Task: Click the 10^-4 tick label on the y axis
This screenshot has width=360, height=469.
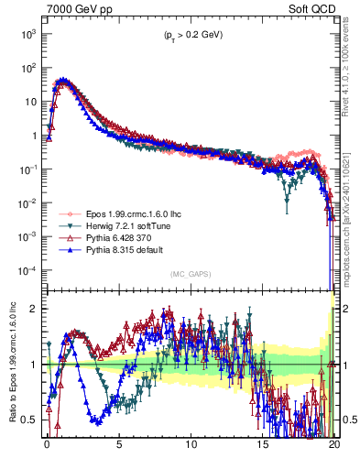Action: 27,270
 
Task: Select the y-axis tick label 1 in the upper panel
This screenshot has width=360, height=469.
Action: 35,136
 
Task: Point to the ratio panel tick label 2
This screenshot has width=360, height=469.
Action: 35,309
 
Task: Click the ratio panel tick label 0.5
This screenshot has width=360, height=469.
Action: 30,420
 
